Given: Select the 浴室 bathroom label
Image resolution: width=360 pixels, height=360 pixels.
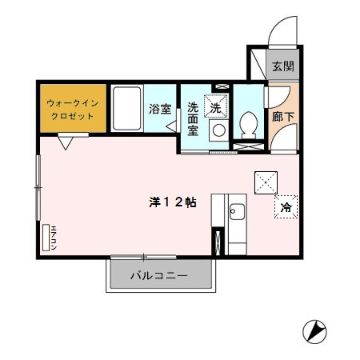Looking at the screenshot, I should click(x=158, y=108).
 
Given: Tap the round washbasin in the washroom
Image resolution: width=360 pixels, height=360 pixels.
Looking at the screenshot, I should click(x=218, y=130).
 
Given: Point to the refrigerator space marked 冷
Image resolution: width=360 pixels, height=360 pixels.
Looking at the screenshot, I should click(x=286, y=207).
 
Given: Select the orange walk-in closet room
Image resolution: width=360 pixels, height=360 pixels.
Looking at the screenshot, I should click(x=72, y=108).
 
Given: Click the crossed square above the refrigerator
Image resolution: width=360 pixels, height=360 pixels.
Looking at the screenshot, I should click(x=266, y=182).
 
